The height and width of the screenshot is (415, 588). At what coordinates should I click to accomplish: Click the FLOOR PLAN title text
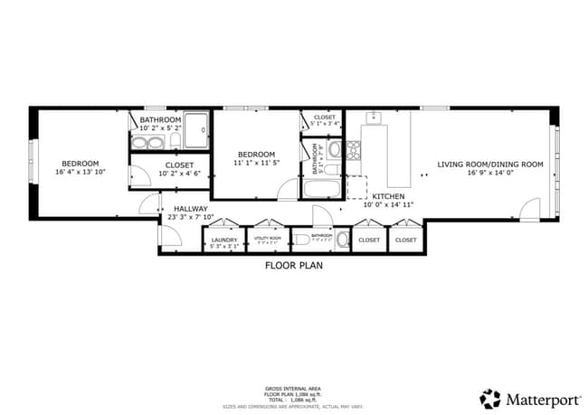(x=293, y=266)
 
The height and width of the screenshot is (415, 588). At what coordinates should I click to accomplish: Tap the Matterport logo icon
(x=490, y=398)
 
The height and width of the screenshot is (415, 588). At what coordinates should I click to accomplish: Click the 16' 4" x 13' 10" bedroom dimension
(x=80, y=172)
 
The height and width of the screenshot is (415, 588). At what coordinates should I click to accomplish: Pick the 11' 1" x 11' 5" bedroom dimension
(x=255, y=164)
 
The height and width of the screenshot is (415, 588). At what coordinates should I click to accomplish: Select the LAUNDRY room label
(x=223, y=240)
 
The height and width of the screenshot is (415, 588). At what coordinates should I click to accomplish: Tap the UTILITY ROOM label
(x=268, y=240)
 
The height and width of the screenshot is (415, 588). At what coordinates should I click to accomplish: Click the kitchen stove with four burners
(x=353, y=150)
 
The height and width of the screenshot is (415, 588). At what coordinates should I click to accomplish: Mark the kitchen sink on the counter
(x=376, y=118)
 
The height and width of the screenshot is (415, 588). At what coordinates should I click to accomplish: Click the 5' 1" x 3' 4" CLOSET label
(x=324, y=118)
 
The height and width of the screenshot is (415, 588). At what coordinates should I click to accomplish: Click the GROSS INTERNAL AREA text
(x=293, y=385)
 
